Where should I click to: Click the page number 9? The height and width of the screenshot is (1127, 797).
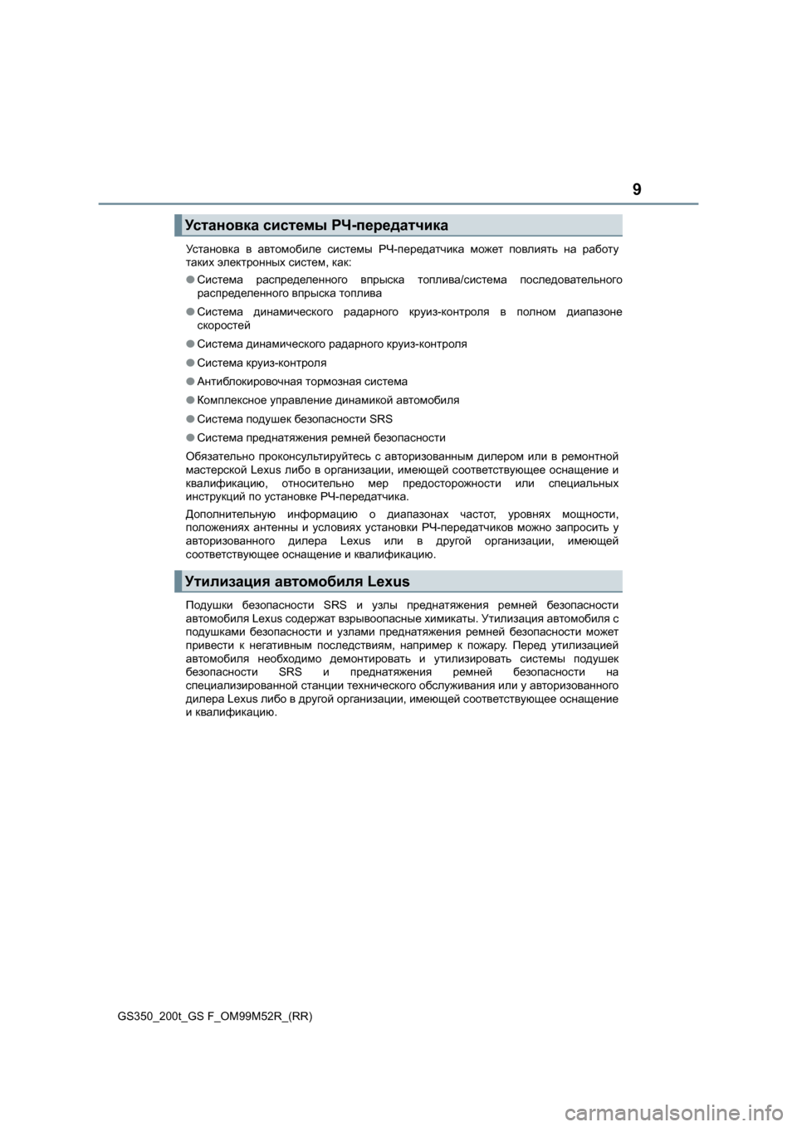636,190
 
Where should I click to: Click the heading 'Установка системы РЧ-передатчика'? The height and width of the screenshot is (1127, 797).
316,225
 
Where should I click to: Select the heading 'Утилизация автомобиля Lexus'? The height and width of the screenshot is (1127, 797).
297,581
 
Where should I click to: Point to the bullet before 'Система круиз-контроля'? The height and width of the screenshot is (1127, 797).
190,363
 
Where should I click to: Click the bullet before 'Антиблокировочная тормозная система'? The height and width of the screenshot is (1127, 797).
190,382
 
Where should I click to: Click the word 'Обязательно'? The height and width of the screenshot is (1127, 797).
218,456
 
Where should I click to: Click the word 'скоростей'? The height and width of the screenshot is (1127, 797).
223,325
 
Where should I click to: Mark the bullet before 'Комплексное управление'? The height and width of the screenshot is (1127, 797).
190,400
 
